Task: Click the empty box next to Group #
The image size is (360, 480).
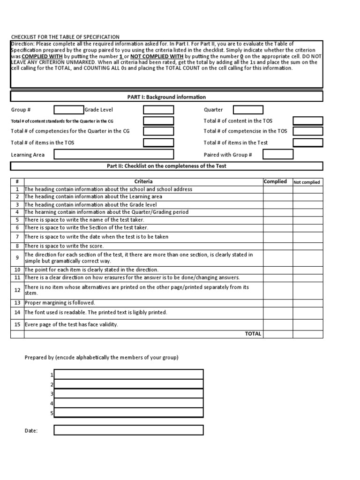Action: [x=68, y=110]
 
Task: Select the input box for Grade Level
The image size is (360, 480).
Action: [x=158, y=110]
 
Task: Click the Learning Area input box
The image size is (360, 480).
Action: [x=114, y=155]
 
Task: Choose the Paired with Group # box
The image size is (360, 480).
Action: [x=278, y=155]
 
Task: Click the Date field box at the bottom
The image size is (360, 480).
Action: [x=128, y=430]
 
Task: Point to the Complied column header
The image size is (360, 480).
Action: [x=276, y=182]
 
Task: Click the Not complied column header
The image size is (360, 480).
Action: [x=307, y=182]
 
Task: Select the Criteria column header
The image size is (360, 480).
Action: [x=143, y=182]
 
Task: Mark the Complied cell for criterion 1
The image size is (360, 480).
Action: [x=277, y=189]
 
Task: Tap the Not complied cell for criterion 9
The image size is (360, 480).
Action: [x=308, y=258]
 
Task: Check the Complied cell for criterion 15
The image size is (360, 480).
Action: [x=277, y=324]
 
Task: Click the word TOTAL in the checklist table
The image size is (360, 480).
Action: [x=253, y=334]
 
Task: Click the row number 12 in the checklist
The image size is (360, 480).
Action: [x=17, y=290]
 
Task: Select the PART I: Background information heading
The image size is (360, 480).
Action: [x=166, y=97]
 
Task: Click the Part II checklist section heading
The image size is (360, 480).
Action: [x=166, y=166]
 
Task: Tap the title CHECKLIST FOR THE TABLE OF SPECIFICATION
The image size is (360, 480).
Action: [x=65, y=37]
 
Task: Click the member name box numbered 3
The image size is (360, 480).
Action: [x=128, y=394]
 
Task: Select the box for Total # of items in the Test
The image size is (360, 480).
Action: [x=308, y=143]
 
